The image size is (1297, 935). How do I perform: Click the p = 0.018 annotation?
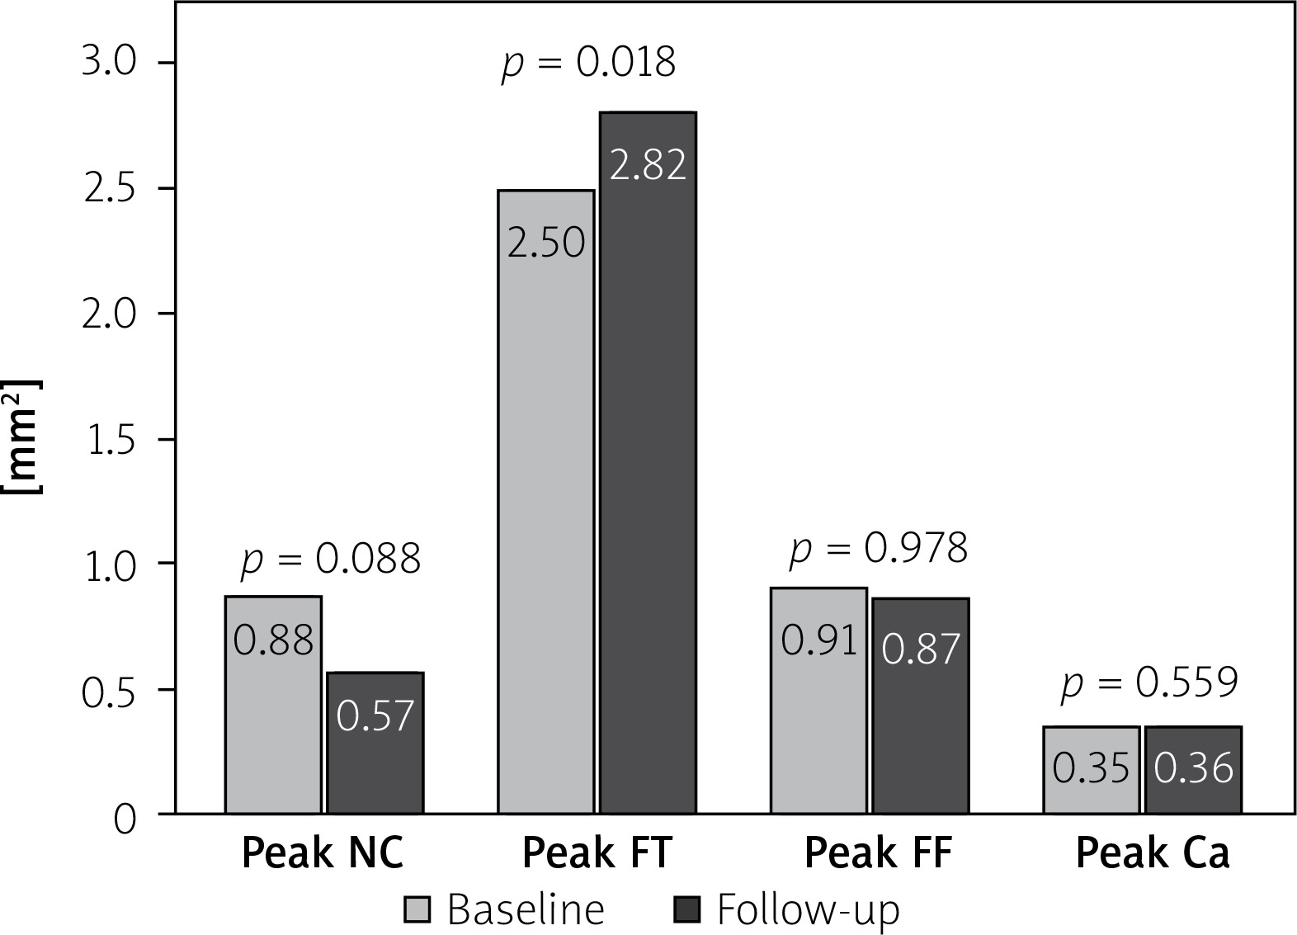[x=588, y=63]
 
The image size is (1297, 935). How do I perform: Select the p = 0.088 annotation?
[x=330, y=559]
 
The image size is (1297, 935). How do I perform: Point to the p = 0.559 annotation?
[x=1149, y=682]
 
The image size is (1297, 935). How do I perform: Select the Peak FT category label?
[x=597, y=853]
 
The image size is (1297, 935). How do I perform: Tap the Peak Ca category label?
[x=1152, y=853]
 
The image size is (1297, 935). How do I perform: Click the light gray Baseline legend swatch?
[x=417, y=909]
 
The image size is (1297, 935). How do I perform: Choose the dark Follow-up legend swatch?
[x=687, y=909]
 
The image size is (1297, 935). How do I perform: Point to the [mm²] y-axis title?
[x=23, y=437]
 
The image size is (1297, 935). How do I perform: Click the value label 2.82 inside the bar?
[x=648, y=165]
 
